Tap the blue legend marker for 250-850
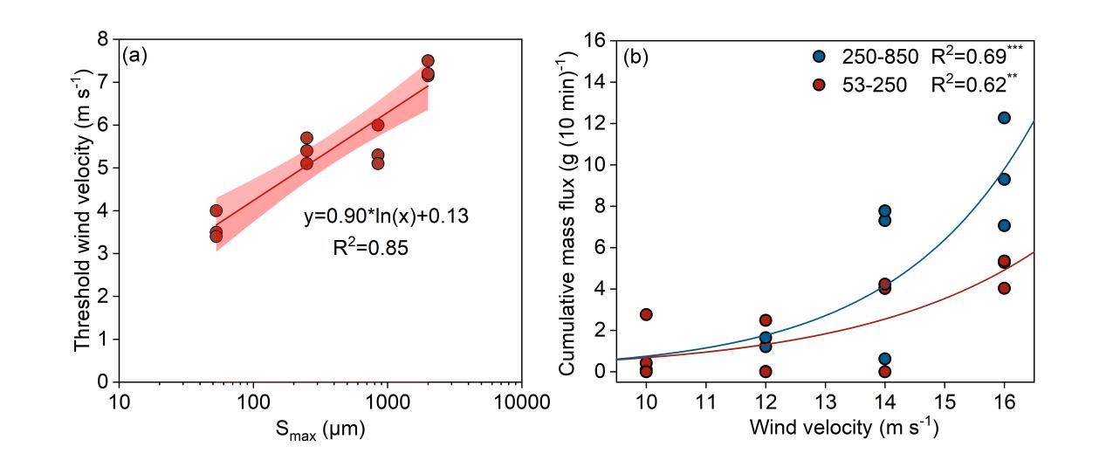point(819,57)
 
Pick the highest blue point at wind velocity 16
point(1004,118)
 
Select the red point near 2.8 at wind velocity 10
point(646,314)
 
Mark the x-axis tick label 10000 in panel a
point(521,402)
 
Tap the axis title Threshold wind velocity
point(82,209)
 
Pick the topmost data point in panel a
point(428,61)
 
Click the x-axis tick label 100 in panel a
point(252,402)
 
